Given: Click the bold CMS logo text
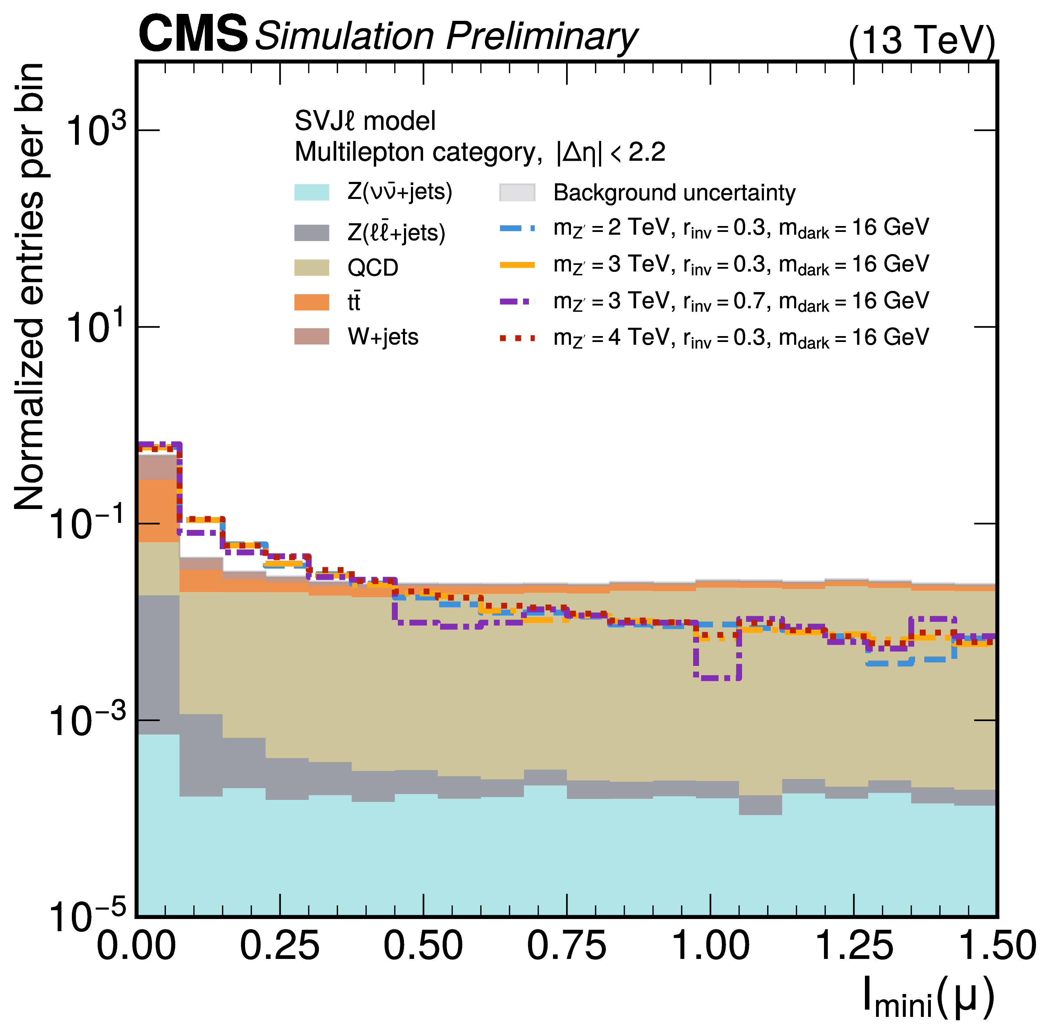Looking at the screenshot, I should click(x=193, y=34).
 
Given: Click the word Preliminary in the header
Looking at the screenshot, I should click(x=541, y=37).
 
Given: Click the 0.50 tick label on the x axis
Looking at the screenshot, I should click(x=423, y=946).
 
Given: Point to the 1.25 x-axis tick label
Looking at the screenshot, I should click(x=853, y=946).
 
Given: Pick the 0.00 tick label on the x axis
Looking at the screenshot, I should click(x=136, y=946).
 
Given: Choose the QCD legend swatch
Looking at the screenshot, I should click(x=312, y=267).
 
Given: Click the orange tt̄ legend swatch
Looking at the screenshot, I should click(x=312, y=302).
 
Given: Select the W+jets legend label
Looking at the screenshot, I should click(x=383, y=337).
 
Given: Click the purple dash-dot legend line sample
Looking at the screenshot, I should click(x=517, y=301).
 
